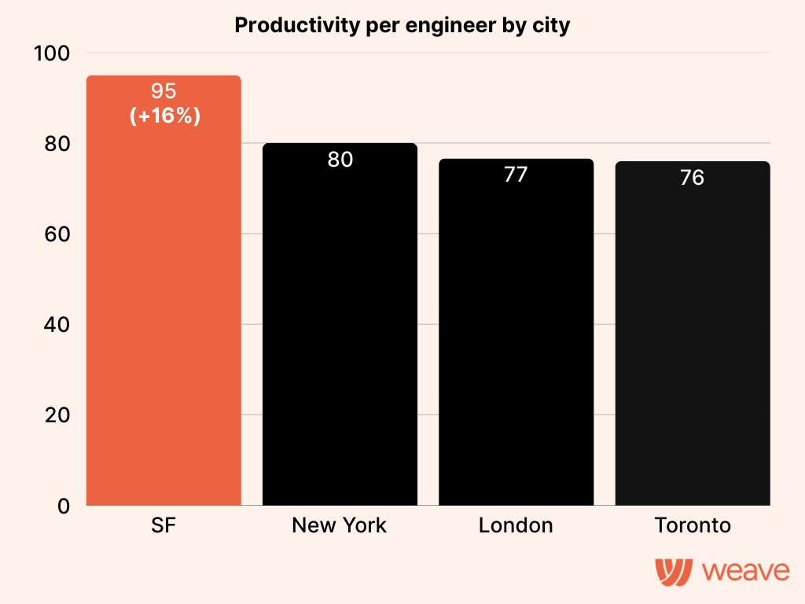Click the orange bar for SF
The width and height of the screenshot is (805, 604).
[164, 315]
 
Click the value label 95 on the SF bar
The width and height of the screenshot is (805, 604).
[164, 91]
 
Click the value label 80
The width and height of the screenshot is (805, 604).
[340, 160]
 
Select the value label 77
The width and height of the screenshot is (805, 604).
[516, 175]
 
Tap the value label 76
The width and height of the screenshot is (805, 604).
[692, 178]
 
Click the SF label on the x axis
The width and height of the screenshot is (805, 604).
[164, 525]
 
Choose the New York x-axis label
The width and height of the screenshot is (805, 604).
[340, 525]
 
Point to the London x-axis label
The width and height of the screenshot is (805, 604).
[516, 525]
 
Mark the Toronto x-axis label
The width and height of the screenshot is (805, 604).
[692, 525]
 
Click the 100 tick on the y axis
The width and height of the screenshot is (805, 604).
[52, 53]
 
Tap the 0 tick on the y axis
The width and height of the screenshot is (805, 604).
[64, 506]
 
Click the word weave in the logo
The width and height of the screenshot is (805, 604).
[746, 571]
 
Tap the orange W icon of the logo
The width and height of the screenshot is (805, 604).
[674, 570]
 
